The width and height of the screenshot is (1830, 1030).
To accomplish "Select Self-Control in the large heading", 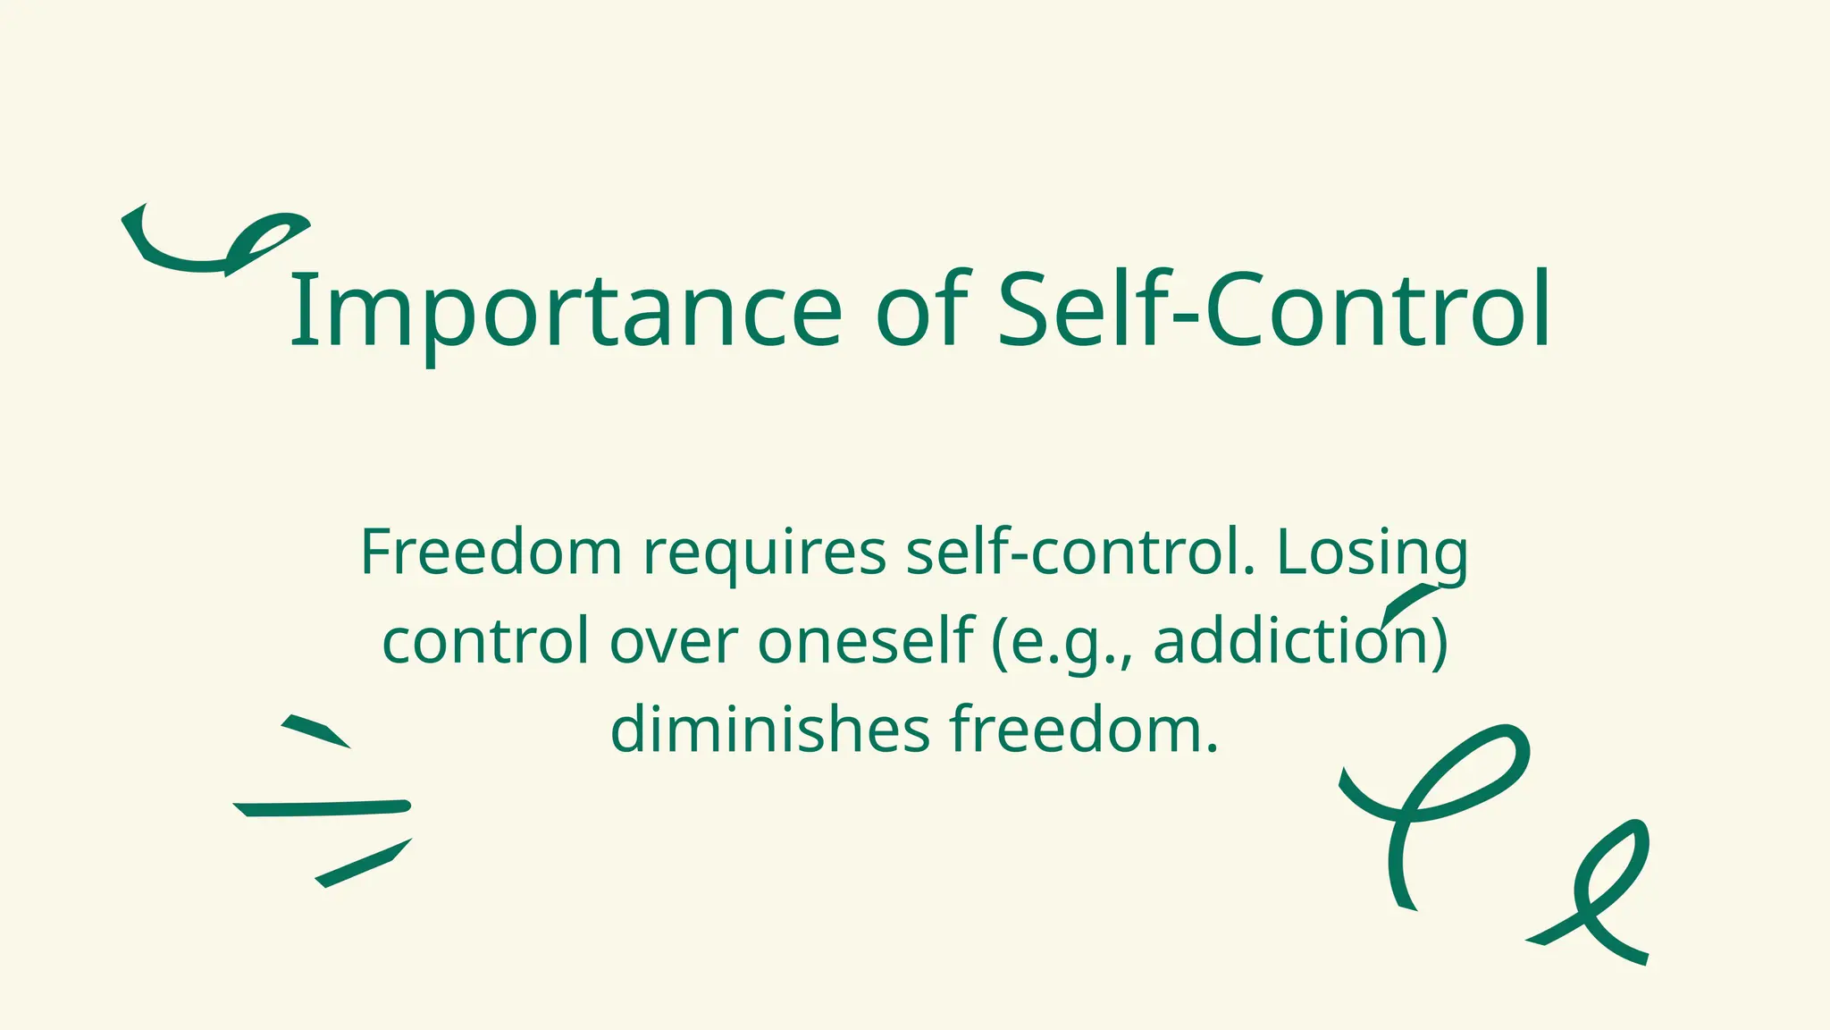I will tap(1273, 312).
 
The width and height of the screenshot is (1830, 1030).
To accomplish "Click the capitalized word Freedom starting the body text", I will tap(491, 553).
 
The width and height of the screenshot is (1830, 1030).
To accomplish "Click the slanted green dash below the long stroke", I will tap(363, 863).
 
